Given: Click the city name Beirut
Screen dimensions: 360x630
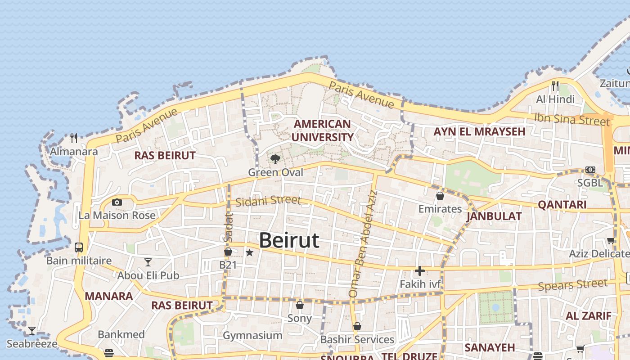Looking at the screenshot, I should pyautogui.click(x=289, y=241).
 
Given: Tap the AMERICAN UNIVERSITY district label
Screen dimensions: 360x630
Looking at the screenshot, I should pyautogui.click(x=322, y=130).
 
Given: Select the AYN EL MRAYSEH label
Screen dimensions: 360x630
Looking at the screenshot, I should pyautogui.click(x=479, y=132).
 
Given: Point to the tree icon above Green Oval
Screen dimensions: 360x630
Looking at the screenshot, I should pyautogui.click(x=275, y=159).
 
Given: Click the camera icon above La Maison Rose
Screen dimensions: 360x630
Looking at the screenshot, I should pyautogui.click(x=117, y=202).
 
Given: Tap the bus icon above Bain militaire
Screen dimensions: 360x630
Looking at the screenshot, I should pyautogui.click(x=79, y=247).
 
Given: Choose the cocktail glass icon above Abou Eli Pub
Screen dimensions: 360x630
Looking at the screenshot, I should pyautogui.click(x=148, y=262).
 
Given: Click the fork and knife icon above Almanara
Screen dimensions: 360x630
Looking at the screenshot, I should pyautogui.click(x=74, y=138).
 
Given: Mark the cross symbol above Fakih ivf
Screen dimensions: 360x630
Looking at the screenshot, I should pyautogui.click(x=419, y=271).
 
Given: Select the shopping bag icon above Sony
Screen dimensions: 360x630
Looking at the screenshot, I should pyautogui.click(x=300, y=305).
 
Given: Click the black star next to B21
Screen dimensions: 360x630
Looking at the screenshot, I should pyautogui.click(x=250, y=253).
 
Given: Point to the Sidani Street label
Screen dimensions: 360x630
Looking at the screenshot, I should pyautogui.click(x=268, y=201).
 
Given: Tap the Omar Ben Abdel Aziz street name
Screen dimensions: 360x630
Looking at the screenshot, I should pyautogui.click(x=364, y=243).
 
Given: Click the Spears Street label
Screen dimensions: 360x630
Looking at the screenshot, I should pyautogui.click(x=572, y=285).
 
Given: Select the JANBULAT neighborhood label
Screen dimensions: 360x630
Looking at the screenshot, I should pyautogui.click(x=494, y=216).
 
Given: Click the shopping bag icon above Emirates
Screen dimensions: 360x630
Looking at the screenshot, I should pyautogui.click(x=440, y=196).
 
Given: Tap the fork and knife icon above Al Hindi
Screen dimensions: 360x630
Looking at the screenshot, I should pyautogui.click(x=555, y=85).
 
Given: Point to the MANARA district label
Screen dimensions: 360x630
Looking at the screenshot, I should pyautogui.click(x=109, y=296).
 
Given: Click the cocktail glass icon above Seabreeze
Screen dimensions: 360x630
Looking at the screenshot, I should pyautogui.click(x=32, y=331).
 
